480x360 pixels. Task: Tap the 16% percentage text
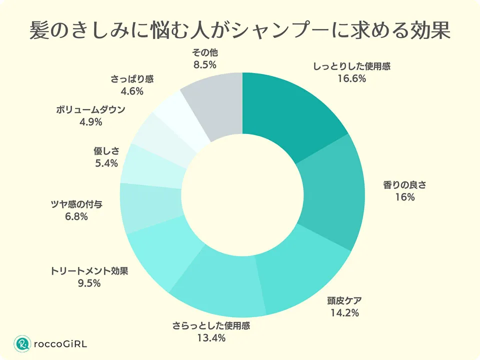point(404,197)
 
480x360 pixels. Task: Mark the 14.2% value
point(345,313)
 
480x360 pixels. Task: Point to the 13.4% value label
point(211,338)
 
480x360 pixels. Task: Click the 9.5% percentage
point(89,283)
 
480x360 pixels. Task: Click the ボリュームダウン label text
point(90,110)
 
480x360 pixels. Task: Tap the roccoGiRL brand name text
point(59,343)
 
